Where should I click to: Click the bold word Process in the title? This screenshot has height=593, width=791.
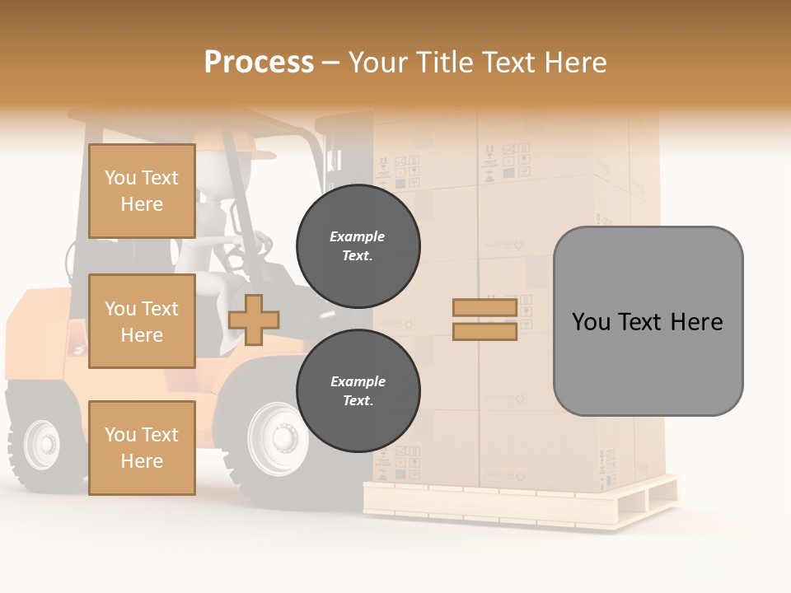tap(259, 62)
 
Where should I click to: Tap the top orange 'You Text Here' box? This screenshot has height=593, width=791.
tap(142, 191)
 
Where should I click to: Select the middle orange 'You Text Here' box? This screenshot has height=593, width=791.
tap(142, 321)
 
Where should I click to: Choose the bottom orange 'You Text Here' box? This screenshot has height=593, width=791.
tap(142, 447)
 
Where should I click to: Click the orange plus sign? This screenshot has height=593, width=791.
tap(254, 319)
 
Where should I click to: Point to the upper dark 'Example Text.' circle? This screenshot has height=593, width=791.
tap(358, 246)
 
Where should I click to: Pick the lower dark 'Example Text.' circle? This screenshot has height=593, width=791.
tap(358, 391)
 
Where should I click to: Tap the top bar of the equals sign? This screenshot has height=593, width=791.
tap(485, 307)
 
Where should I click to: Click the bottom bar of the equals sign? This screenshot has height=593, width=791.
tap(485, 331)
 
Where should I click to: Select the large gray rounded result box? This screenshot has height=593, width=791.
tap(648, 320)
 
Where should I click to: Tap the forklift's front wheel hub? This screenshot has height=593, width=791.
tap(281, 437)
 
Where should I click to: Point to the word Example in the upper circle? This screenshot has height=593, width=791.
tap(358, 236)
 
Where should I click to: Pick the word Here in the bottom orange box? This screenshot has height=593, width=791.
tap(142, 460)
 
